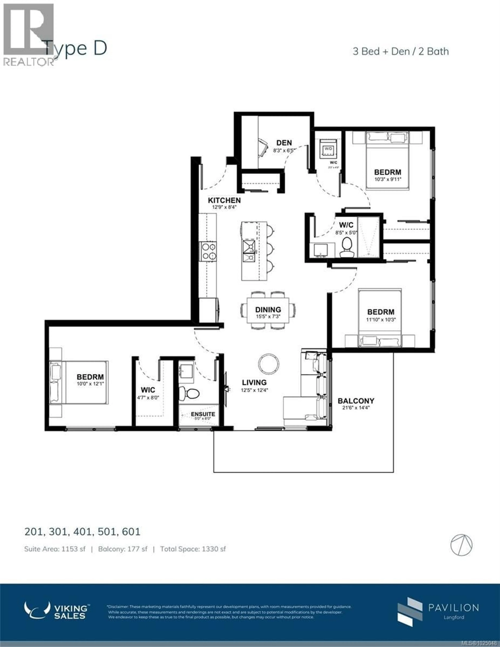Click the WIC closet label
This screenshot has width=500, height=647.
click(148, 390)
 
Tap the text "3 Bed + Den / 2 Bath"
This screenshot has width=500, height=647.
click(400, 52)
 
